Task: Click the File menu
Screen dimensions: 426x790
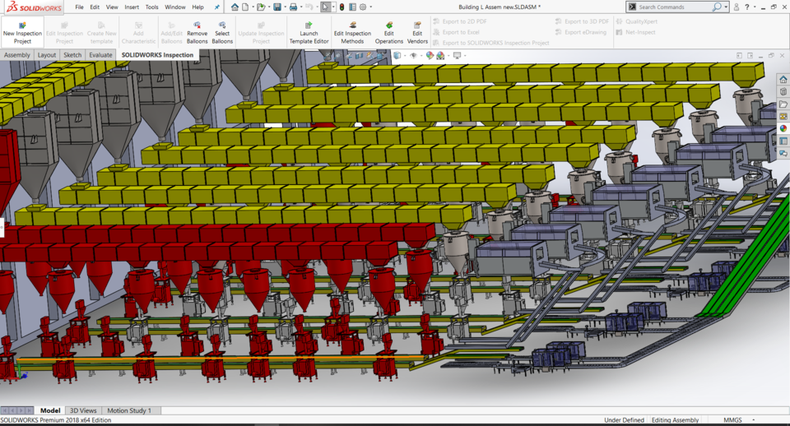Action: click(x=79, y=7)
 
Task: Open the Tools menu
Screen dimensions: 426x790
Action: click(x=152, y=7)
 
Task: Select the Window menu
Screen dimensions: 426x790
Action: click(x=175, y=7)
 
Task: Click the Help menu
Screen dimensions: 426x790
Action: click(x=198, y=7)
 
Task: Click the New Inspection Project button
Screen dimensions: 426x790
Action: click(x=22, y=33)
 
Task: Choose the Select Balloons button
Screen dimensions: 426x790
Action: click(x=222, y=33)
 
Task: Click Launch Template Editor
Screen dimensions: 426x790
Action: click(x=309, y=33)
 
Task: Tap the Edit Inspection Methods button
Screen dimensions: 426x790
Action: click(x=352, y=33)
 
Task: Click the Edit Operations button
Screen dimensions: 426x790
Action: click(x=389, y=33)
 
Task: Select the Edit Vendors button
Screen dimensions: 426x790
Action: click(x=417, y=33)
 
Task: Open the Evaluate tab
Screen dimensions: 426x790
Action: click(x=100, y=55)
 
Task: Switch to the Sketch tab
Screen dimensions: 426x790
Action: click(x=72, y=55)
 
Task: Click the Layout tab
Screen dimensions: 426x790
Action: click(x=47, y=55)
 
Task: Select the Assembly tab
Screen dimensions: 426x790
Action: click(x=17, y=55)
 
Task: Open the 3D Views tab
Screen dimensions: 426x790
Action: click(x=82, y=410)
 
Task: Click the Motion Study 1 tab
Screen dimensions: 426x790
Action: click(x=128, y=410)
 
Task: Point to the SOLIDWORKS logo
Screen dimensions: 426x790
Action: click(x=35, y=7)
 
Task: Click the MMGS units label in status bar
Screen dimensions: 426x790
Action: click(x=732, y=420)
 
